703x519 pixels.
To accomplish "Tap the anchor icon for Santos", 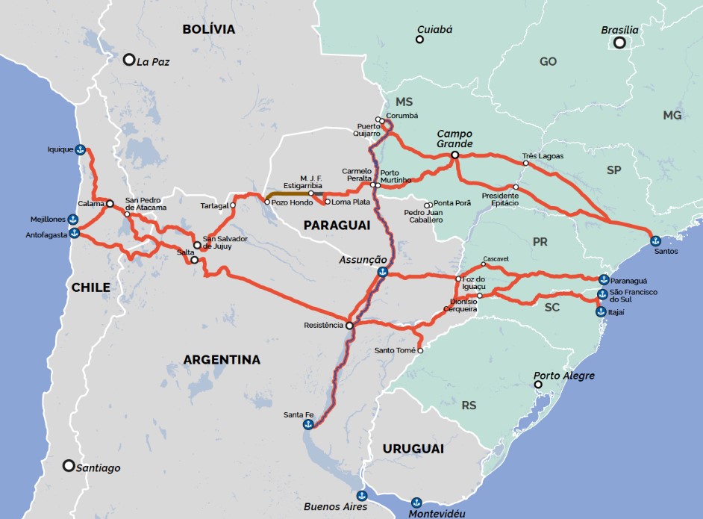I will pos(654,240).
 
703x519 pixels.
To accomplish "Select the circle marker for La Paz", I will pos(129,60).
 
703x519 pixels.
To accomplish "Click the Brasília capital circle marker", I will pos(619,43).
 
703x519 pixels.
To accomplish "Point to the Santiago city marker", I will pos(69,466).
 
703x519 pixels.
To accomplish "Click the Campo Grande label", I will pos(454,138).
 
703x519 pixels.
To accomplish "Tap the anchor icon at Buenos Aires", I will pos(362,495).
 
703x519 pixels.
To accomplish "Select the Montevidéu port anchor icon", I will pos(416,502).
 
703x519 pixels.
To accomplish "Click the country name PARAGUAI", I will pos(337,225).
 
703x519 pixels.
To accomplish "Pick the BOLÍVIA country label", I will pos(208,30).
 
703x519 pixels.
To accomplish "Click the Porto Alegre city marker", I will pos(538,385).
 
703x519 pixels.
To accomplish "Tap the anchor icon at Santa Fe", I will pos(307,424).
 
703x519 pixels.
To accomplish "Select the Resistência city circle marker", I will pos(349,326).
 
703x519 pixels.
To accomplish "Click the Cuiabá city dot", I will pos(419,39).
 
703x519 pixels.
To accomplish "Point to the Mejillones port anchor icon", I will pos(73,219).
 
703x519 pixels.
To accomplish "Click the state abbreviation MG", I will pos(672,115).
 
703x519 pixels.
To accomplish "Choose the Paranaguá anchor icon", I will pos(602,279).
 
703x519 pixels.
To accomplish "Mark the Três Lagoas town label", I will pos(543,156).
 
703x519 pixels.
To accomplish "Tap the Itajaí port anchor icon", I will pos(600,311).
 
